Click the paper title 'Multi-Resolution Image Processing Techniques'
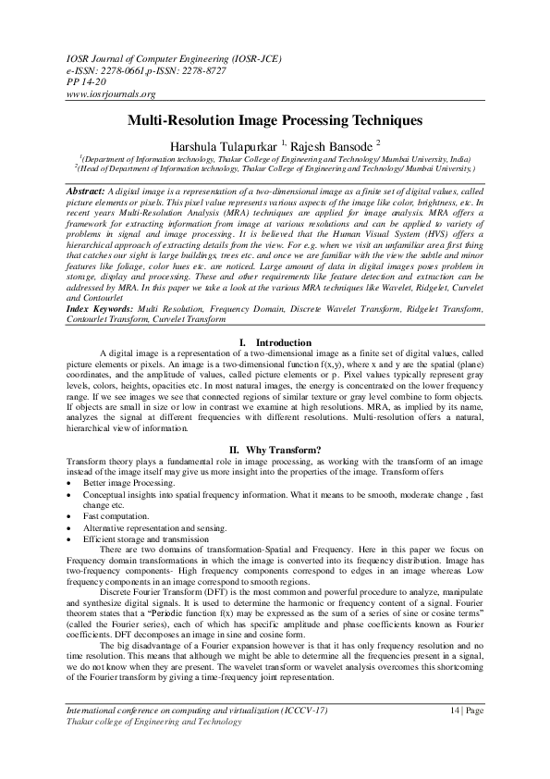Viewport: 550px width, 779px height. coord(275,120)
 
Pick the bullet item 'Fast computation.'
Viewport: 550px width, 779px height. coord(115,518)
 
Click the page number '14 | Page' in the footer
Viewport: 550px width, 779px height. coord(464,735)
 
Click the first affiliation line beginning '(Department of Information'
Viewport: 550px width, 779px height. coord(275,159)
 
